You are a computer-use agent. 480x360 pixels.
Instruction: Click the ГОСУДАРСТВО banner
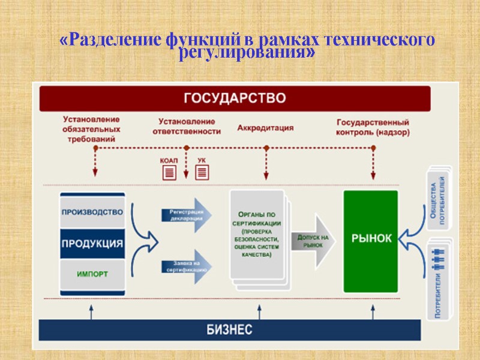click(x=235, y=98)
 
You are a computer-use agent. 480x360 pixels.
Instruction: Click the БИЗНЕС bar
click(x=229, y=329)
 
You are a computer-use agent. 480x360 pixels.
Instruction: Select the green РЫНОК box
click(x=371, y=238)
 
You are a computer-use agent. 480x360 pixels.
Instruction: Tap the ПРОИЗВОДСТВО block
click(x=92, y=212)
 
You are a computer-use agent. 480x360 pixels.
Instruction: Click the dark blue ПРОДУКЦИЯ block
click(x=92, y=244)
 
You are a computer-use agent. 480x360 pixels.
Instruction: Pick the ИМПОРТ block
click(x=92, y=274)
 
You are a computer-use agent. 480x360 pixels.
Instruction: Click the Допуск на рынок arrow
click(x=314, y=241)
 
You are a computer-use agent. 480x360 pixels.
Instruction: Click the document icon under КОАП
click(x=169, y=173)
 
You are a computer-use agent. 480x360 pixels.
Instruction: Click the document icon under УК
click(x=202, y=173)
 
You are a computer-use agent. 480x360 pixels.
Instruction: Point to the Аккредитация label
click(x=265, y=128)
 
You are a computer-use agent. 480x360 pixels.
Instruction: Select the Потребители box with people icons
click(x=439, y=278)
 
